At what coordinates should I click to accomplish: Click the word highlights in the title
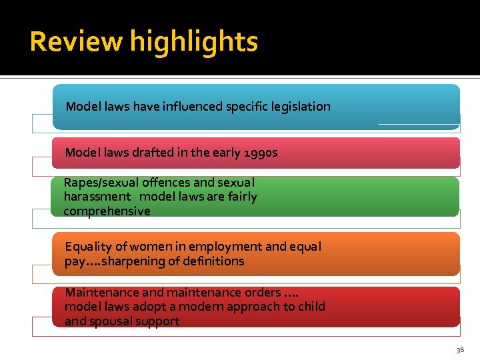193,42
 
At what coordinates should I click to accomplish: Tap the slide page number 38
460,350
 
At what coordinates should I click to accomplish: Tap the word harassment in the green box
97,197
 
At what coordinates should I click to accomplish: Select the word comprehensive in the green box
107,211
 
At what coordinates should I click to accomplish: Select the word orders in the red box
262,292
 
